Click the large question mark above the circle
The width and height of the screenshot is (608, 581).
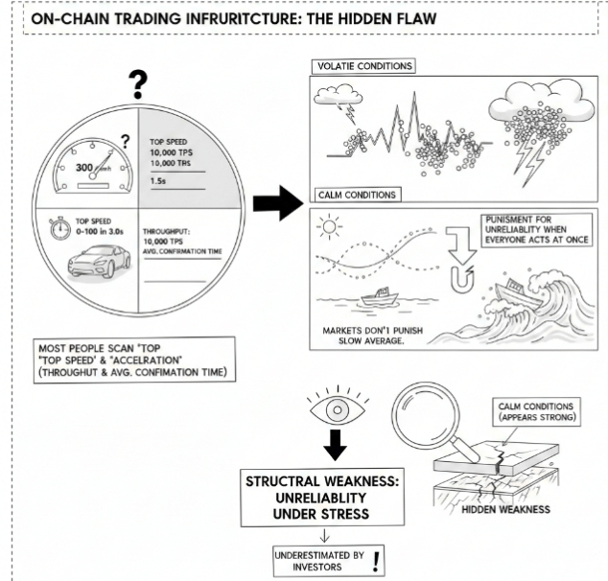139,85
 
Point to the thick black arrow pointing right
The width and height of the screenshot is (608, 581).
275,202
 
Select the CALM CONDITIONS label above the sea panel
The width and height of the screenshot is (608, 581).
357,195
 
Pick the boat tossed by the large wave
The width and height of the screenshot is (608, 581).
512,287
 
